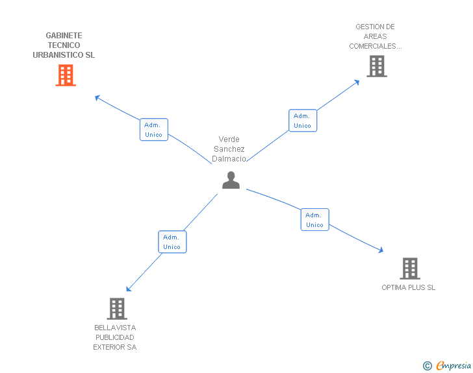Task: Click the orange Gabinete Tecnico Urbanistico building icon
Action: pyautogui.click(x=66, y=75)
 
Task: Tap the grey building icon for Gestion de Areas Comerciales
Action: pyautogui.click(x=377, y=66)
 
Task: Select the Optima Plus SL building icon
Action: pyautogui.click(x=409, y=268)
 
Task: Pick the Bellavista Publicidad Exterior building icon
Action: pyautogui.click(x=117, y=309)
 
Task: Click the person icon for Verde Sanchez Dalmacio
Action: pyautogui.click(x=231, y=180)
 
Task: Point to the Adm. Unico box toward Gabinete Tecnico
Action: pyautogui.click(x=154, y=130)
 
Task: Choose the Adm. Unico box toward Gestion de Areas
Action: pyautogui.click(x=302, y=121)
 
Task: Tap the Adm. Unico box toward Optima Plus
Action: pyautogui.click(x=314, y=220)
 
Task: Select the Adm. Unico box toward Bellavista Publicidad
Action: pyautogui.click(x=172, y=242)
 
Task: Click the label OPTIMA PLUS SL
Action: pyautogui.click(x=409, y=287)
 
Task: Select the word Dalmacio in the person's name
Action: pyautogui.click(x=229, y=159)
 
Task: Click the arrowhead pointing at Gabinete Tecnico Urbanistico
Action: pyautogui.click(x=97, y=98)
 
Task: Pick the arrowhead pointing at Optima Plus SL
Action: pyautogui.click(x=381, y=250)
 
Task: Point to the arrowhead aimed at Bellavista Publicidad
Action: pyautogui.click(x=129, y=289)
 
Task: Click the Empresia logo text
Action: pyautogui.click(x=454, y=366)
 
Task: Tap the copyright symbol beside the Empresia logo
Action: pyautogui.click(x=428, y=367)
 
